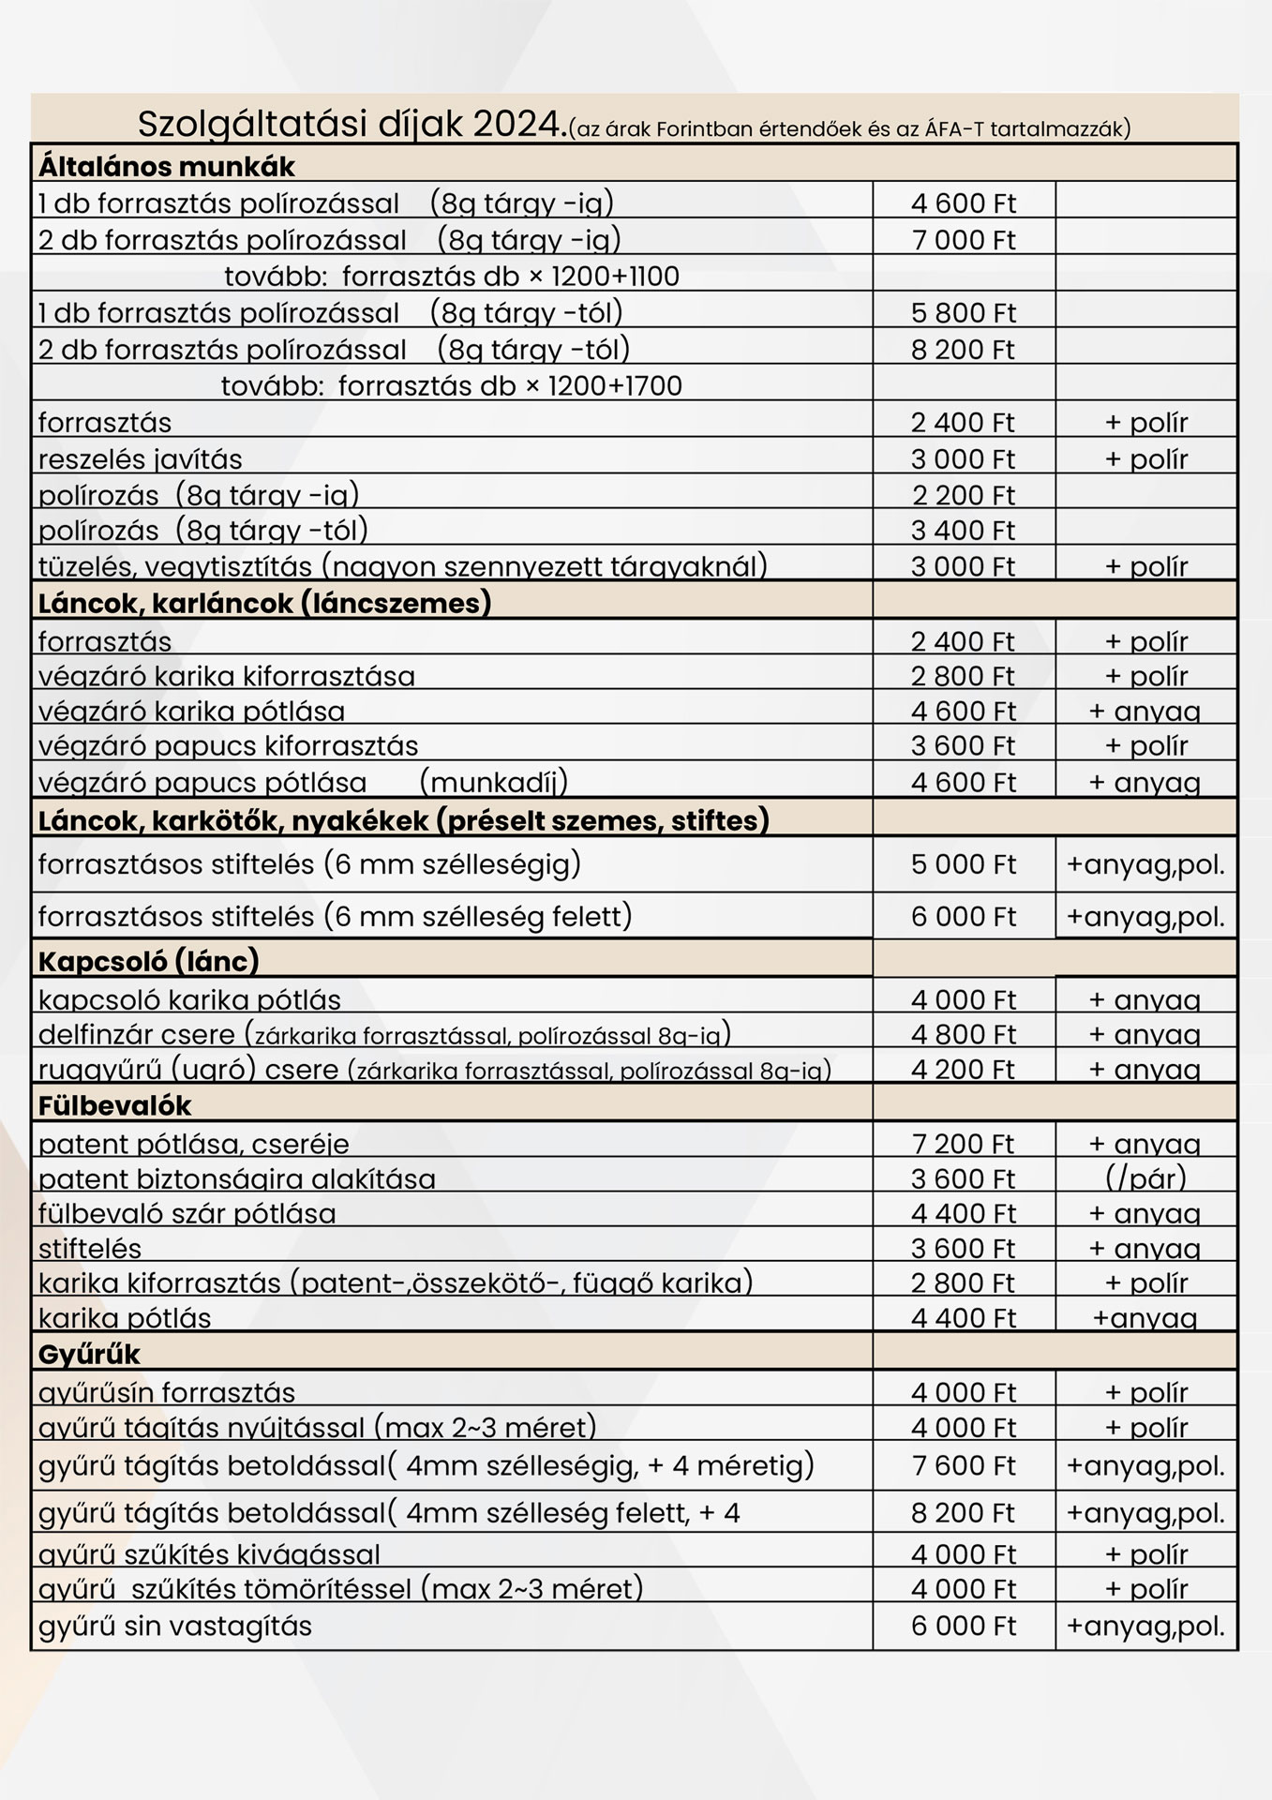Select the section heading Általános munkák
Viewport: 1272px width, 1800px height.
click(x=166, y=167)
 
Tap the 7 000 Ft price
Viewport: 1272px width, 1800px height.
click(x=963, y=240)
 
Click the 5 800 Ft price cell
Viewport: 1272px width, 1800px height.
click(x=963, y=313)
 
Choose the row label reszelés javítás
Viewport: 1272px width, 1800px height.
click(x=140, y=459)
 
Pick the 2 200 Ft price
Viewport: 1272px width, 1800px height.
click(x=963, y=495)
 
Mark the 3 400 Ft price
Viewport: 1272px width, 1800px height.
click(x=963, y=531)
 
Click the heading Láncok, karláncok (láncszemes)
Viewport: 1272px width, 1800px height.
click(x=264, y=603)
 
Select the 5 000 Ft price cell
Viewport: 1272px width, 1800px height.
click(x=963, y=864)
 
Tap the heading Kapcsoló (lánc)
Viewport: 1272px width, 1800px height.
click(x=148, y=961)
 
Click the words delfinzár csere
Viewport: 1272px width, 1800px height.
click(x=136, y=1034)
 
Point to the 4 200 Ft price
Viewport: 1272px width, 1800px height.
click(x=963, y=1070)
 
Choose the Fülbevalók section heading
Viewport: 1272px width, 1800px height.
click(x=114, y=1106)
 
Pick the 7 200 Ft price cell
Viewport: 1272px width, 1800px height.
click(x=963, y=1144)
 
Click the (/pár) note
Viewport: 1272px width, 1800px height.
click(x=1145, y=1177)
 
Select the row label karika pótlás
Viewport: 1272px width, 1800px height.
click(x=125, y=1318)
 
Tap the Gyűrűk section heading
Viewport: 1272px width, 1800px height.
click(x=89, y=1355)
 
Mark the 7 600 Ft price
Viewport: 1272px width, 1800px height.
click(x=963, y=1466)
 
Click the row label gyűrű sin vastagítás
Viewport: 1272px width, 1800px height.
click(x=175, y=1626)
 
